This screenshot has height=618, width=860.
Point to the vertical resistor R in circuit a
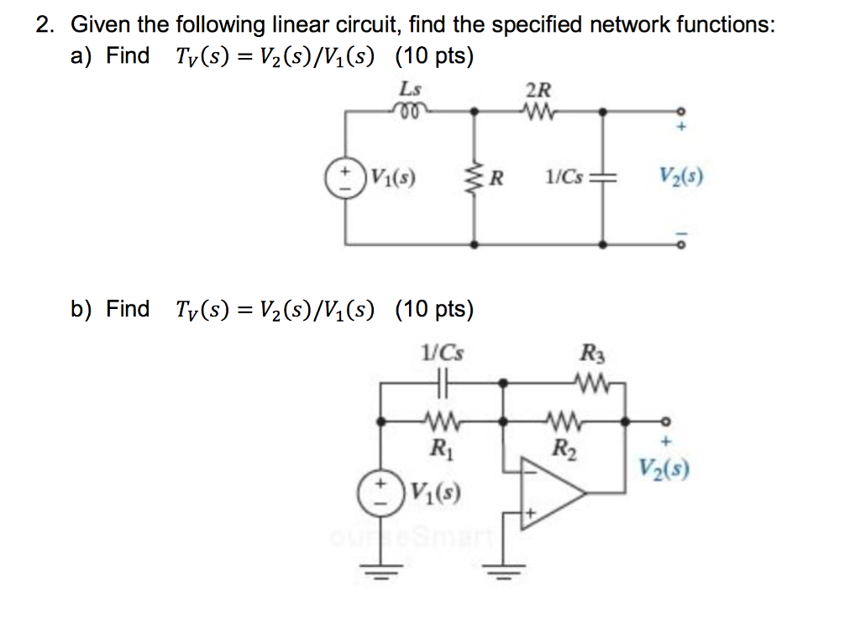[476, 177]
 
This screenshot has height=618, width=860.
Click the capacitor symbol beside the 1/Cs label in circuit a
[603, 178]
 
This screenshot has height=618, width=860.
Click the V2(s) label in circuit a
[680, 177]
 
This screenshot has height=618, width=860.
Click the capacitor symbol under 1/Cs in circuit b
[444, 383]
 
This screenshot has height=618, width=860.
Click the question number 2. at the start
[45, 24]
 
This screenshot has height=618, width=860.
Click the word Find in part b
[128, 309]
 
